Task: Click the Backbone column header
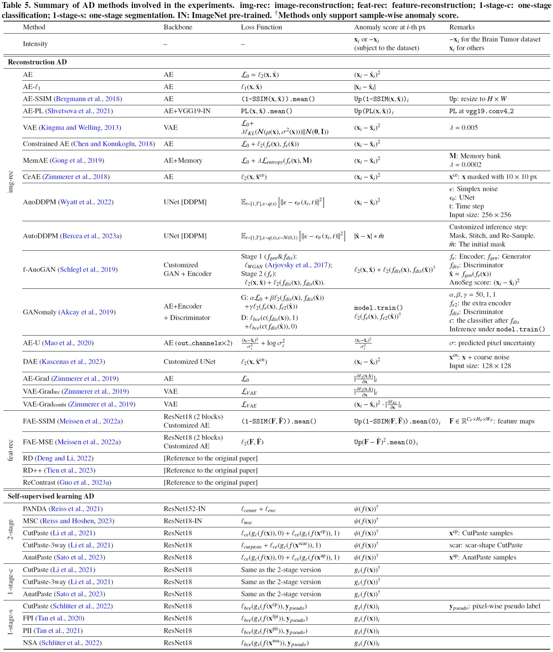(x=178, y=27)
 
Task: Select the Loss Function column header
(x=261, y=27)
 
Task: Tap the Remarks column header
(x=462, y=27)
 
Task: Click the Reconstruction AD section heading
(x=37, y=62)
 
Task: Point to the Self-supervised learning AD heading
(x=51, y=496)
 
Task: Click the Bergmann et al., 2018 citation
(x=88, y=99)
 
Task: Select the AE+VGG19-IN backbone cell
(x=187, y=111)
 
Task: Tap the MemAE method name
(x=36, y=160)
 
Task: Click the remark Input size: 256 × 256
(x=480, y=215)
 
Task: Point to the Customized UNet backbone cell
(x=189, y=361)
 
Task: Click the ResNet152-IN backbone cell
(x=184, y=509)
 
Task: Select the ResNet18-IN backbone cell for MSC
(x=183, y=521)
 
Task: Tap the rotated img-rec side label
(x=11, y=181)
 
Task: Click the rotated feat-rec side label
(x=11, y=450)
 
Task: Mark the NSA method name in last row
(x=30, y=643)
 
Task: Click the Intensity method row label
(x=35, y=44)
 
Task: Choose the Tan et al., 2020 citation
(x=61, y=618)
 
